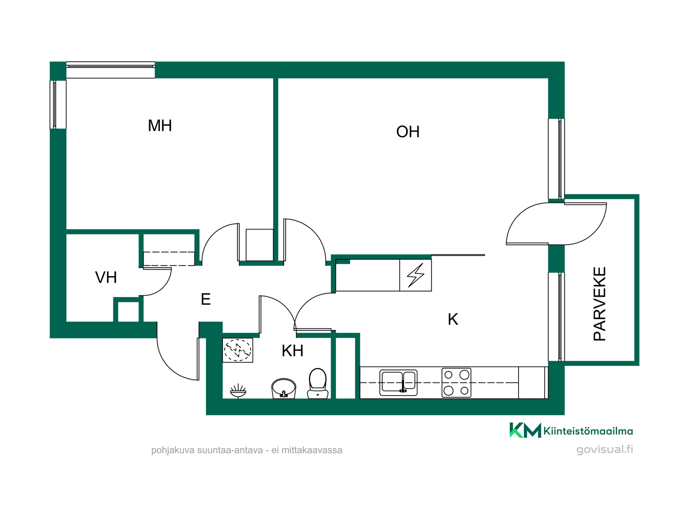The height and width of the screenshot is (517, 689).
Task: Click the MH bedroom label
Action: click(x=160, y=126)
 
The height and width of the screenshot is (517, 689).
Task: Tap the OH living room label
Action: click(x=408, y=132)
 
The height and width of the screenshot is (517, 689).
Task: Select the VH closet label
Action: click(x=106, y=278)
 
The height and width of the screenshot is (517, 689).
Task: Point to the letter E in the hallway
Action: click(x=206, y=299)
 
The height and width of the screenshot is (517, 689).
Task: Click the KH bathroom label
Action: click(x=292, y=351)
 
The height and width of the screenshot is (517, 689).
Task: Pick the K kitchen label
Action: click(x=453, y=319)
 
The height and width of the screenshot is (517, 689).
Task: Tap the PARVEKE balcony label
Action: click(x=600, y=304)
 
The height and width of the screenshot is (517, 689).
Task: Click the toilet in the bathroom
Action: click(x=318, y=383)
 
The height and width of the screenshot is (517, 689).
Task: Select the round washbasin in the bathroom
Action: click(x=283, y=388)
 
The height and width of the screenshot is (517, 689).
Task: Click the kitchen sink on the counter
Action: click(x=398, y=383)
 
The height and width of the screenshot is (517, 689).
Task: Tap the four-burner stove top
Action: click(x=456, y=383)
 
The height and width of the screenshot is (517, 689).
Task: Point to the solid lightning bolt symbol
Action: click(x=416, y=275)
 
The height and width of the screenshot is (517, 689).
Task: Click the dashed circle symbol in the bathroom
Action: click(x=238, y=350)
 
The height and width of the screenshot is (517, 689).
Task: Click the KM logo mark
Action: click(x=525, y=430)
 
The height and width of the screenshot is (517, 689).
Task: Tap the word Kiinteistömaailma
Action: click(x=588, y=431)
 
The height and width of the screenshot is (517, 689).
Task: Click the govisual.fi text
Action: click(x=605, y=450)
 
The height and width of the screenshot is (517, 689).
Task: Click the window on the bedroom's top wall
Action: click(x=111, y=70)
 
